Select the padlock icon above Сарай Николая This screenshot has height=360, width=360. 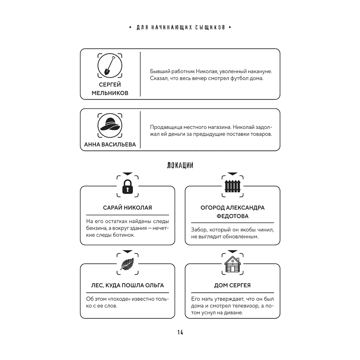click(x=127, y=186)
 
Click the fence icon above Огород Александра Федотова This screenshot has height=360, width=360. click(x=232, y=186)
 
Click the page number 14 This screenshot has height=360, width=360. click(x=180, y=332)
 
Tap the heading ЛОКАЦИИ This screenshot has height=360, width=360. click(x=180, y=165)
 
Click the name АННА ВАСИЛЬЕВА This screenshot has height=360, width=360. click(x=109, y=145)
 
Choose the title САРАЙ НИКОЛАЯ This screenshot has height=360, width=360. click(x=127, y=208)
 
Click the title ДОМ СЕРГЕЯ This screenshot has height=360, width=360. click(x=232, y=285)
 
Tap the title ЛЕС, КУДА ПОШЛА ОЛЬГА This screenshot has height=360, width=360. click(x=127, y=285)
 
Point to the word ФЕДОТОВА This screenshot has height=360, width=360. click(x=232, y=216)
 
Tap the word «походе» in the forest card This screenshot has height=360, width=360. click(x=119, y=299)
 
